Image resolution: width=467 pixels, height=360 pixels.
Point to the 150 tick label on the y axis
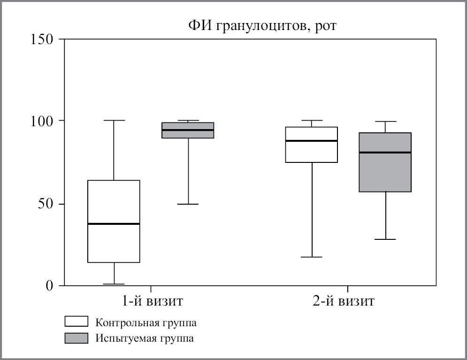point(42,39)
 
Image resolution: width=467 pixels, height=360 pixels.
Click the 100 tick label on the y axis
point(42,121)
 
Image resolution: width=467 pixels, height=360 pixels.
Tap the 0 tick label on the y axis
point(49,285)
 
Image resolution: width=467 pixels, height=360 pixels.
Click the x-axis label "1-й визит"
point(150,301)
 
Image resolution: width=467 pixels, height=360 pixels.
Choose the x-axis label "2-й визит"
point(344,301)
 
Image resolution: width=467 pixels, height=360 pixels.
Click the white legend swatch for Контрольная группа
point(76,322)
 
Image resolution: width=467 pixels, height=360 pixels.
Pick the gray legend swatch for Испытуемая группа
point(76,338)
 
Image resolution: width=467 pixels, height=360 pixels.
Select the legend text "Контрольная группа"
point(146,322)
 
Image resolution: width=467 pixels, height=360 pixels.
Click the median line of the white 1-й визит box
point(114,224)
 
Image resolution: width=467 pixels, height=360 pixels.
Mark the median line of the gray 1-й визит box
point(188,130)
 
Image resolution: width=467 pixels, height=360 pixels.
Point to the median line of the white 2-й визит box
point(311,141)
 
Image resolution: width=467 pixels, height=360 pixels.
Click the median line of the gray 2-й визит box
point(385,153)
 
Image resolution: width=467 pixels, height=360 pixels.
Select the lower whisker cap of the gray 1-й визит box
point(188,204)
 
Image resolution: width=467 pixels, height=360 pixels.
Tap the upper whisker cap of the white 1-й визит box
point(114,121)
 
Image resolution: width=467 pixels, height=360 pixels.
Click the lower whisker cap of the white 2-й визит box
point(311,257)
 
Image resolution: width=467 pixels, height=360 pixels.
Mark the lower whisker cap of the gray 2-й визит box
point(385,239)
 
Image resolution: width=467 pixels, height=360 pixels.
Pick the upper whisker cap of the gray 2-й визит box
point(385,122)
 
